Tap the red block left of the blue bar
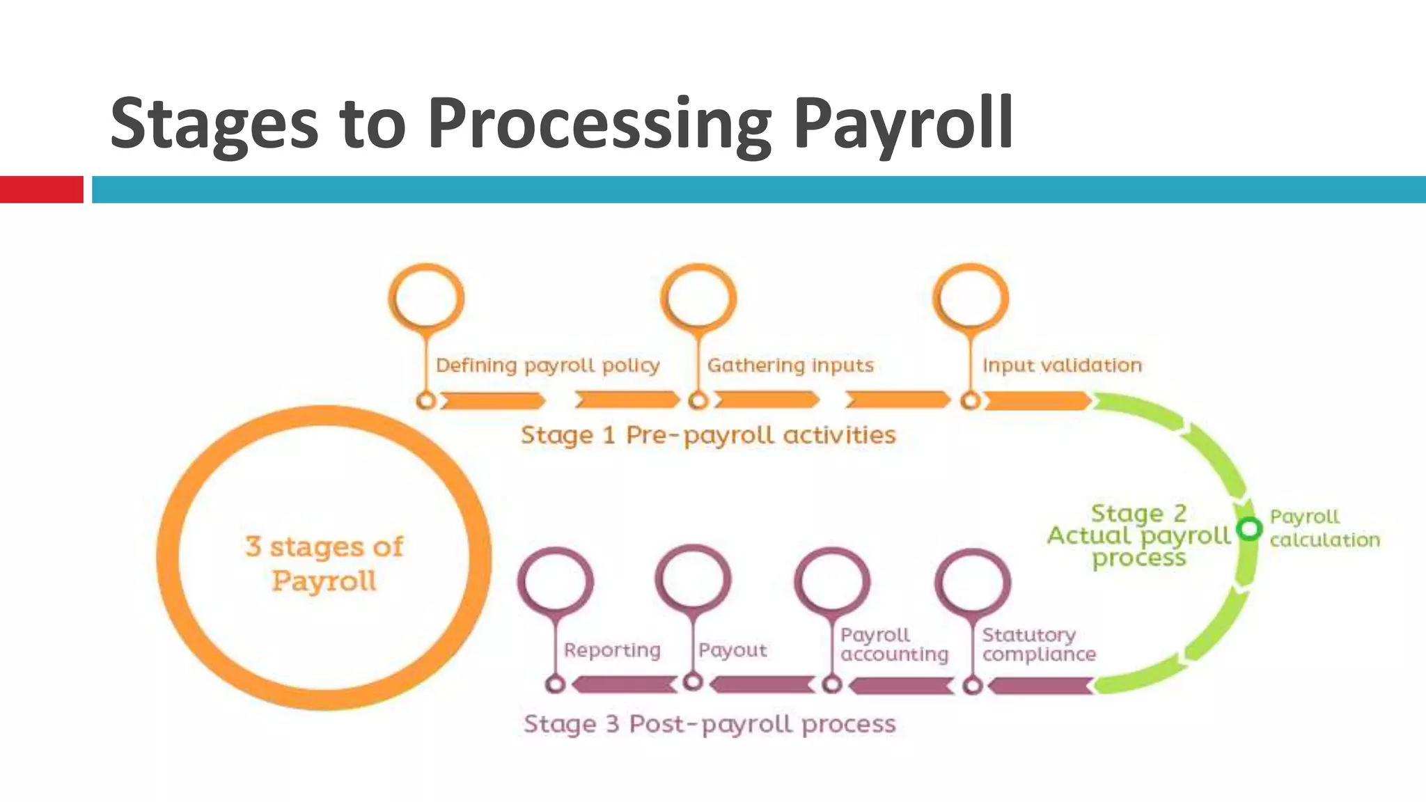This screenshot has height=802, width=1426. [x=41, y=189]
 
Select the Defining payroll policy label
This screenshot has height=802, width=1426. [x=547, y=365]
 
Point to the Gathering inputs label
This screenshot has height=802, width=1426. [x=790, y=365]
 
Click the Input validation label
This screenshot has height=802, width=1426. [x=1062, y=365]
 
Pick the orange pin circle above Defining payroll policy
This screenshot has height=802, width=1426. [x=426, y=297]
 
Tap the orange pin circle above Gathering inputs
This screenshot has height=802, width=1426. [x=698, y=297]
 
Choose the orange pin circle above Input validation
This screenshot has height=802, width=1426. [x=971, y=297]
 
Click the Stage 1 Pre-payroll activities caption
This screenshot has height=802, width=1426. [x=708, y=435]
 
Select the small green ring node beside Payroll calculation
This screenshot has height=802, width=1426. [x=1249, y=529]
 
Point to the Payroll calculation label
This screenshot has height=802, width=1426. [x=1324, y=528]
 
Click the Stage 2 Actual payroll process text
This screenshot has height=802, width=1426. [x=1139, y=535]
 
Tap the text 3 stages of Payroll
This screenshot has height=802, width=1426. [x=324, y=563]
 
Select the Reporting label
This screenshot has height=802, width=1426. [x=612, y=650]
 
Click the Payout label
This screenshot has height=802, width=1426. [x=732, y=650]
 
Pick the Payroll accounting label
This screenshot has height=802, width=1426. [x=894, y=645]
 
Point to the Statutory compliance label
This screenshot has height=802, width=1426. [x=1039, y=645]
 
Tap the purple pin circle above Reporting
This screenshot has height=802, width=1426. [x=556, y=581]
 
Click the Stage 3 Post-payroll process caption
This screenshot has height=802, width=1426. [x=710, y=724]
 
